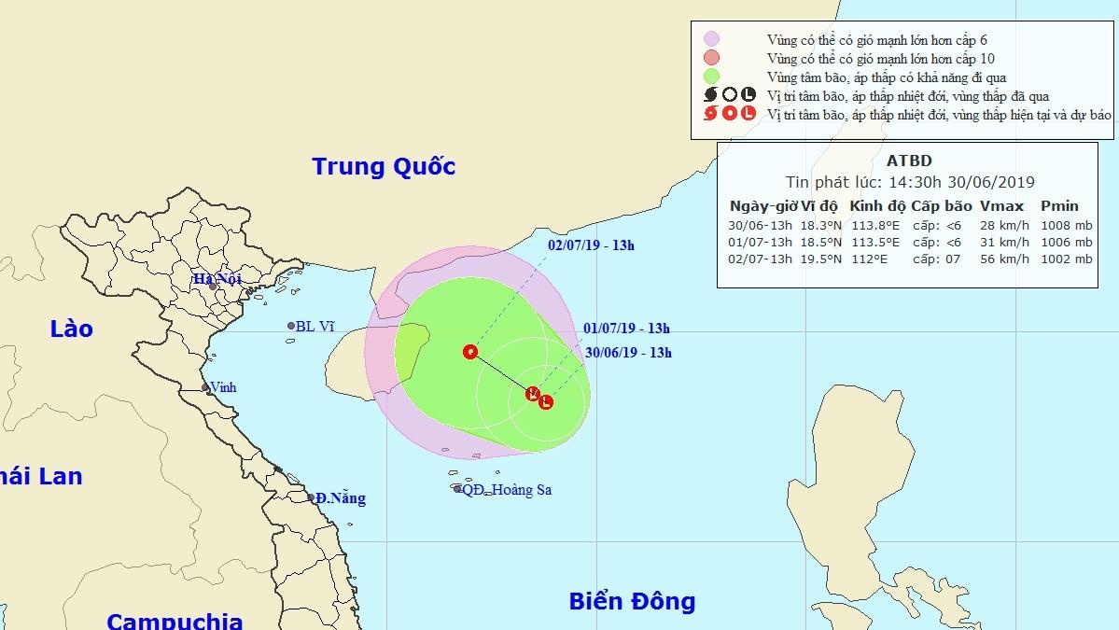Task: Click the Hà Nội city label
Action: coord(217,278)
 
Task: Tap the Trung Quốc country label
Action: coord(384,167)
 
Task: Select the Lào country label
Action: coord(72,329)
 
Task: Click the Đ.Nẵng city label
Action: coord(340,498)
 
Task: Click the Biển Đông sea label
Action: coord(632,601)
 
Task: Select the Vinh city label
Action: coord(223,387)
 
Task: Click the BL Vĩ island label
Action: coord(314,327)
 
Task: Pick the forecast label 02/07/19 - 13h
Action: coord(591,245)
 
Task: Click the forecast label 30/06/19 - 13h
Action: coord(629,353)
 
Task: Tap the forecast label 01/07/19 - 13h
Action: coord(627,329)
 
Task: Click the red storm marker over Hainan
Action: coord(470,352)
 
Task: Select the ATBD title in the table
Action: coord(909,161)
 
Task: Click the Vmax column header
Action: coord(1002,206)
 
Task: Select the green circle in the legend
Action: coord(711,77)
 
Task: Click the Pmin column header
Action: coord(1059,206)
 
